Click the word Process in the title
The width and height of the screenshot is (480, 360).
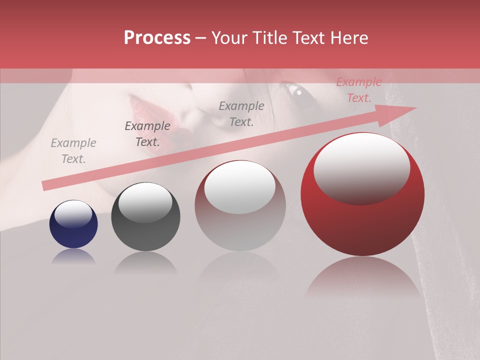(157, 38)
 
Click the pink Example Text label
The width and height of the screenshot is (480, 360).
(358, 90)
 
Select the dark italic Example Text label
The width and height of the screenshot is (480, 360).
(147, 133)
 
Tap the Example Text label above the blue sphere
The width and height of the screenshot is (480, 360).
(73, 150)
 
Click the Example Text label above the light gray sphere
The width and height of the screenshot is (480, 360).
(241, 113)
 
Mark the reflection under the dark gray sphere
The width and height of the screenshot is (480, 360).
(145, 262)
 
